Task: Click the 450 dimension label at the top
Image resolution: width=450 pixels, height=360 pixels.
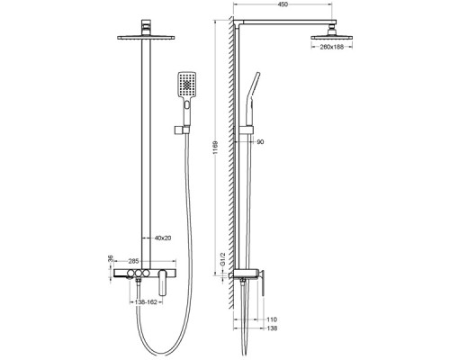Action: [x=283, y=4]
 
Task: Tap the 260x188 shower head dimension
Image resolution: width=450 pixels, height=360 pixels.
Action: [x=331, y=47]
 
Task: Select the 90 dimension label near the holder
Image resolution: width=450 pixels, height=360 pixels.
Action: [x=260, y=141]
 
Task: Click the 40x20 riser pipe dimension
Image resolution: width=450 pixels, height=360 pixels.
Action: [x=163, y=238]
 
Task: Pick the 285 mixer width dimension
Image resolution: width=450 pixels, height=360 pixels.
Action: [x=133, y=261]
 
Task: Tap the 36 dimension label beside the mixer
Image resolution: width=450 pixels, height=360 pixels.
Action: [x=111, y=258]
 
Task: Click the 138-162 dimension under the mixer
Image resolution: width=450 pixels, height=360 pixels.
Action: [x=146, y=302]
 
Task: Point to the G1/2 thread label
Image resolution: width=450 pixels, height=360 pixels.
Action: [x=222, y=259]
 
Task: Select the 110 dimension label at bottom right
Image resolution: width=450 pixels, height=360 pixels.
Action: [x=272, y=319]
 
